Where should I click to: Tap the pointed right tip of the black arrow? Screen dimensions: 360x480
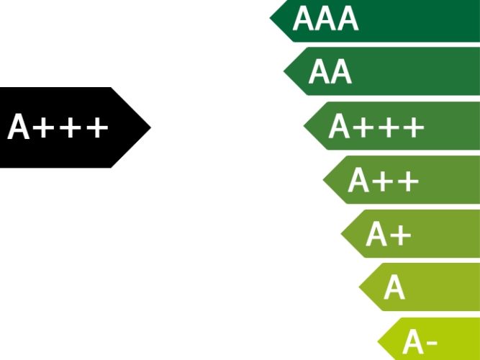(149, 127)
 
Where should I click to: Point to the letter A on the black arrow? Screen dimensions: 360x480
(19, 128)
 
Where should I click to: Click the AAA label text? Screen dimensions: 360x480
(325, 19)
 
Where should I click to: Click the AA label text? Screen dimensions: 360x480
(330, 72)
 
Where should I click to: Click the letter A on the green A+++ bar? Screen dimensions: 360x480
(339, 127)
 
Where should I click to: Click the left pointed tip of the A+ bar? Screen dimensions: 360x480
(342, 233)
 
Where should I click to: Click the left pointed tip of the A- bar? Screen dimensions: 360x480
(379, 341)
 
